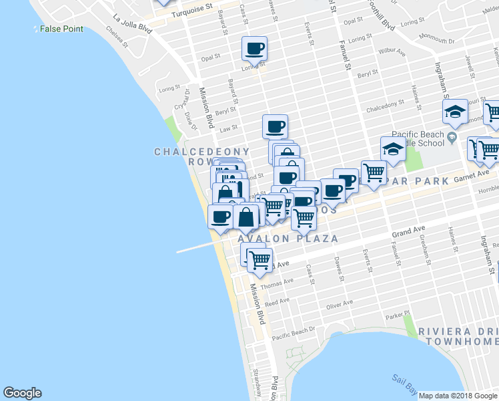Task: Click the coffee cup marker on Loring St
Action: tap(255, 48)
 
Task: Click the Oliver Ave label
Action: tap(338, 305)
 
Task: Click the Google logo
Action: tap(22, 393)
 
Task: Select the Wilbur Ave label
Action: tap(392, 51)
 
